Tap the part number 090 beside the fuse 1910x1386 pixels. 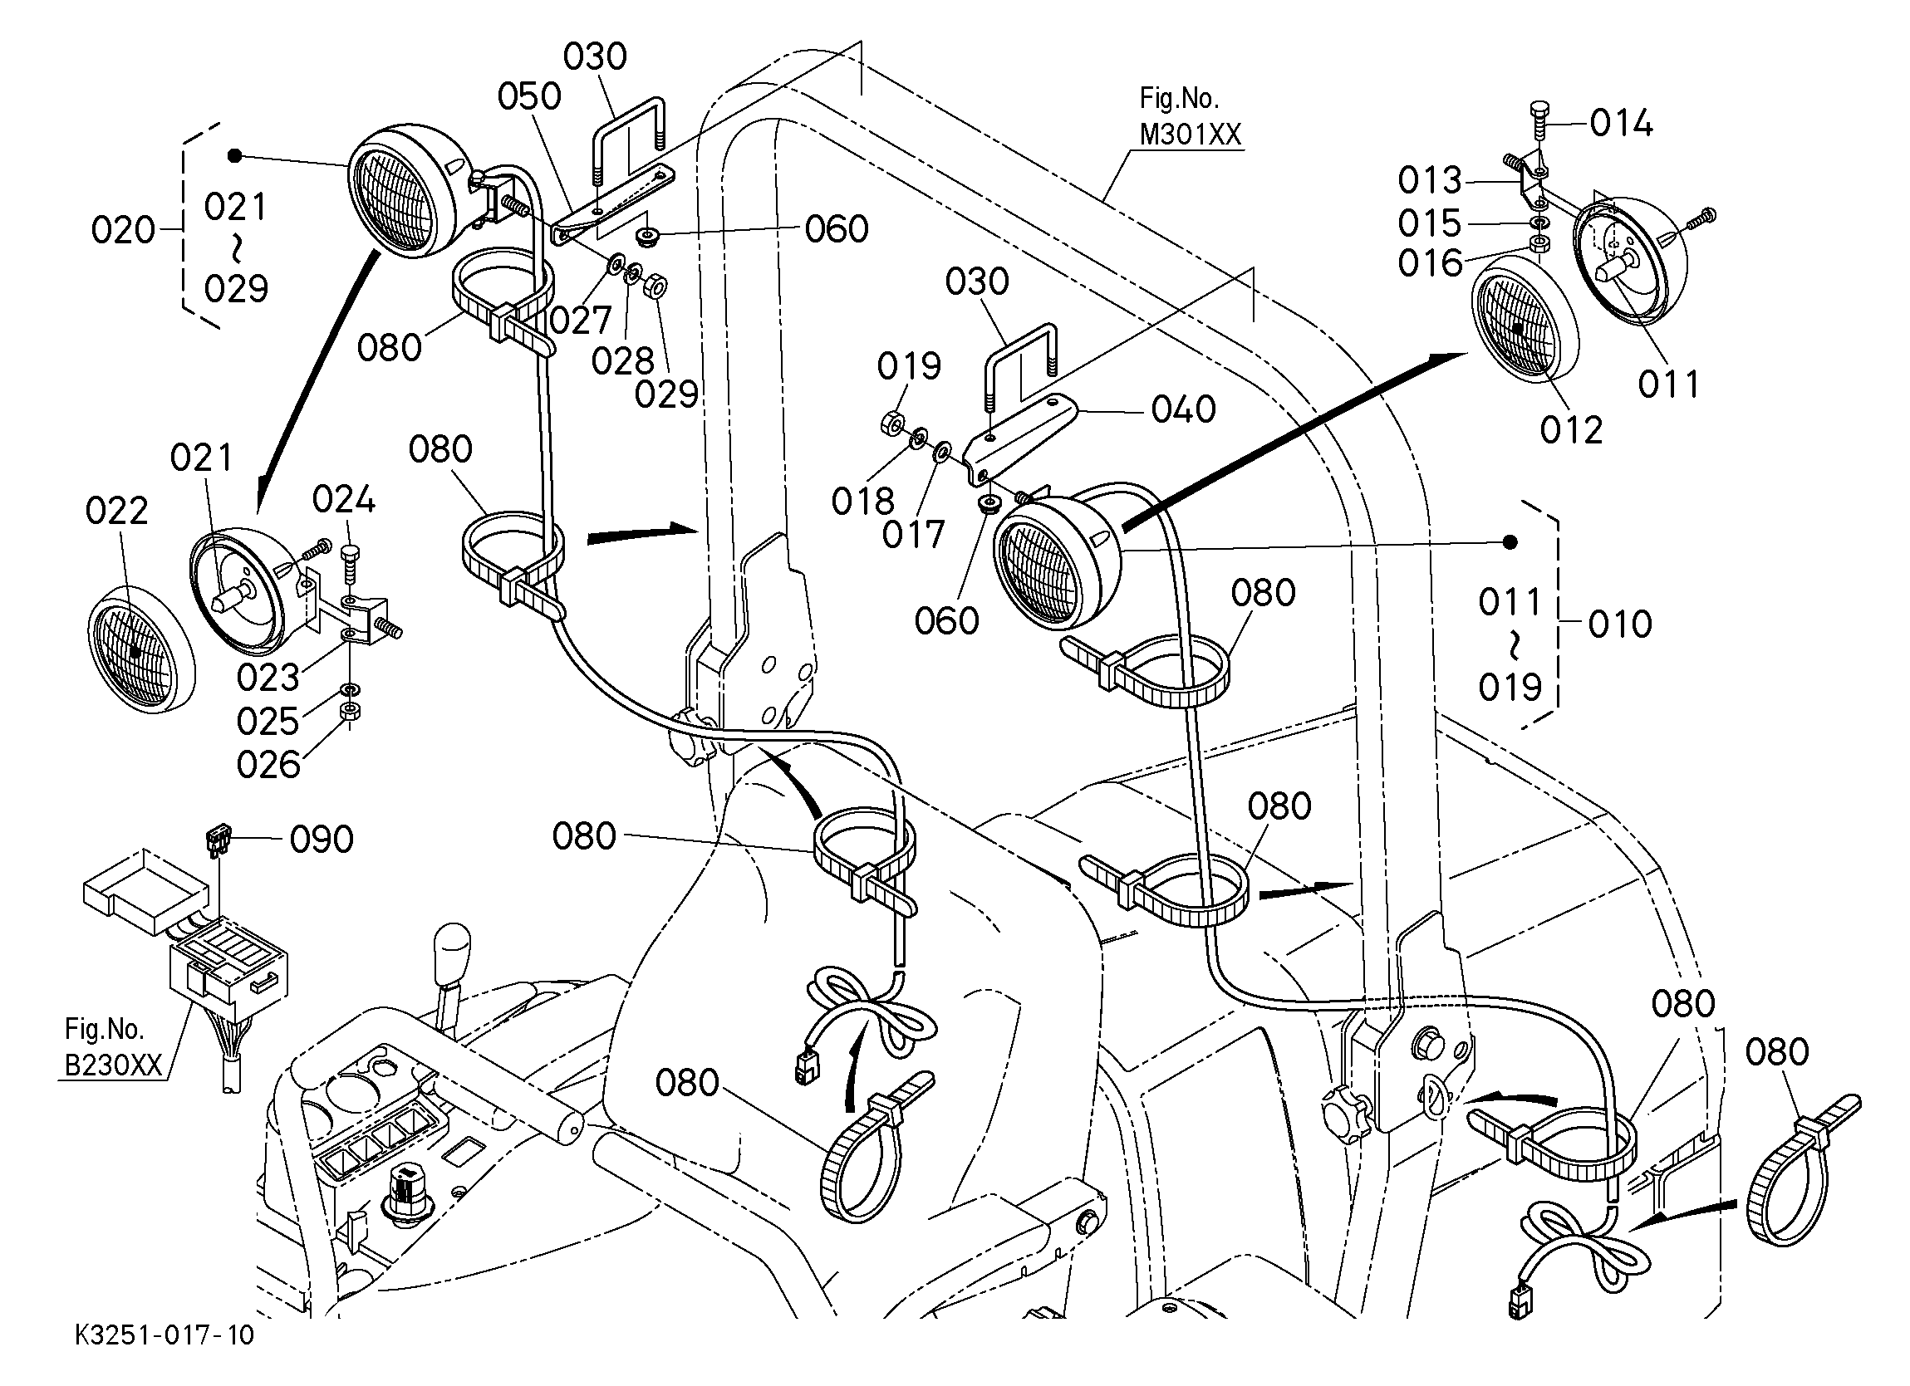[x=322, y=840]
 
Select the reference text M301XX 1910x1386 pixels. [x=1190, y=135]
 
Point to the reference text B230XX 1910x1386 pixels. [x=113, y=1065]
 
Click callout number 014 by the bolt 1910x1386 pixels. [x=1621, y=125]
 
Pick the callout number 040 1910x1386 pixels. [x=1183, y=409]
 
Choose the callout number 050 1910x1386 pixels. [x=529, y=97]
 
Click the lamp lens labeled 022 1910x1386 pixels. [x=141, y=651]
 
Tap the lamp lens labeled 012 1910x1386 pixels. [x=1525, y=321]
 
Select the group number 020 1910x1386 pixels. [x=123, y=230]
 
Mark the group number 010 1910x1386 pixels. [x=1620, y=624]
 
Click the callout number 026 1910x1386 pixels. [x=268, y=766]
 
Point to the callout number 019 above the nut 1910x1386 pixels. [x=909, y=366]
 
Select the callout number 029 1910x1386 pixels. [x=666, y=394]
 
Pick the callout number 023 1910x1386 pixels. [x=268, y=677]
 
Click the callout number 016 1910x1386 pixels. [x=1430, y=263]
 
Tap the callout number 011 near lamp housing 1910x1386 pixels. [x=1669, y=384]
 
